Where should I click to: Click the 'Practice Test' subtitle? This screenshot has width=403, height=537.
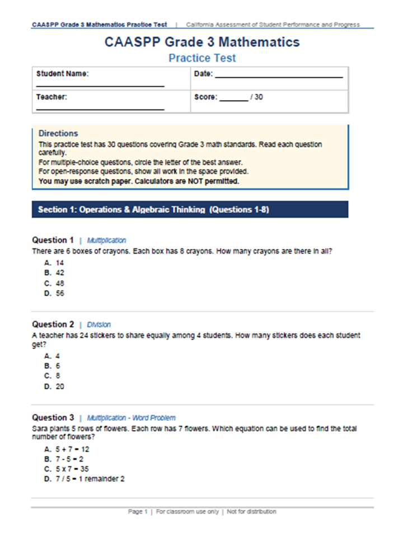[x=202, y=58]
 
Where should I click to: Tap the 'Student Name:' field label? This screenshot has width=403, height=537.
[x=62, y=74]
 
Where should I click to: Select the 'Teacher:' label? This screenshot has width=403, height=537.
[x=51, y=97]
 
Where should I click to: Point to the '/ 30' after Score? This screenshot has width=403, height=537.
[x=257, y=97]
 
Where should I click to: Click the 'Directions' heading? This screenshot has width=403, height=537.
[x=58, y=134]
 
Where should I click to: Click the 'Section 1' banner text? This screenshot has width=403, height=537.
[x=153, y=210]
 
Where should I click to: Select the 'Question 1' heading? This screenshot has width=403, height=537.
[x=53, y=240]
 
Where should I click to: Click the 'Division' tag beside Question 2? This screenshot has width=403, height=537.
[x=99, y=324]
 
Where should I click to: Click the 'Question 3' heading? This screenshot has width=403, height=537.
[x=53, y=417]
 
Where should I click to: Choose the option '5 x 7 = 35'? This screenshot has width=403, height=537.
[x=67, y=469]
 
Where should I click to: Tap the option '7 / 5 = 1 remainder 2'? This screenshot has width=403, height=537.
[x=85, y=479]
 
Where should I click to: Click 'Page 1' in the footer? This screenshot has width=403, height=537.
[x=138, y=511]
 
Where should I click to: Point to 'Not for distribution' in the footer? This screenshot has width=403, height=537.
[x=251, y=511]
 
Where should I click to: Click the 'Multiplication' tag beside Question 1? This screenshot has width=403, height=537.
[x=106, y=241]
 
